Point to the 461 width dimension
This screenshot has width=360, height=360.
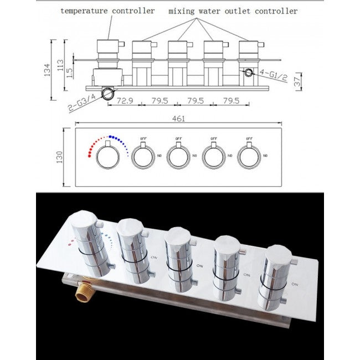coord(179,118)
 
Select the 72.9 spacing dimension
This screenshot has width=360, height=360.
coord(125,101)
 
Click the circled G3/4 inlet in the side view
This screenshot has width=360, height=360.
coord(108,92)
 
